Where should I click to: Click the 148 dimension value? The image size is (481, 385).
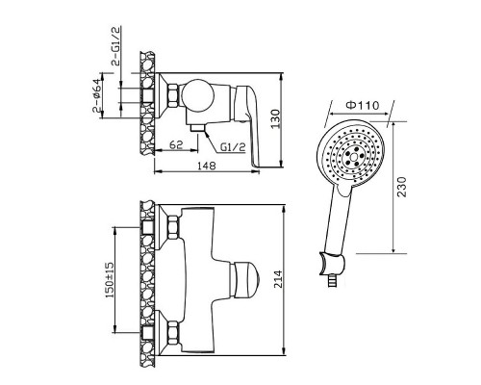point(207,166)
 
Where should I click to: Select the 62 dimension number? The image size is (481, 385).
point(176,144)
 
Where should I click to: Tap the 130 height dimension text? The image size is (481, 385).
point(276,119)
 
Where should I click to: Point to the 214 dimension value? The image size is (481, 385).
point(278,279)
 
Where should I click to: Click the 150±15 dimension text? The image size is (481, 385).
point(110,279)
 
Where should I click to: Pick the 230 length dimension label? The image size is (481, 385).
point(401,187)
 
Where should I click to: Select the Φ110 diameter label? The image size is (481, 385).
point(363,105)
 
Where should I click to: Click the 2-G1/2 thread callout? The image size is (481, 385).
point(115,46)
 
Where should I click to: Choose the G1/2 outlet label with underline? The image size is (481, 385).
point(233,147)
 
